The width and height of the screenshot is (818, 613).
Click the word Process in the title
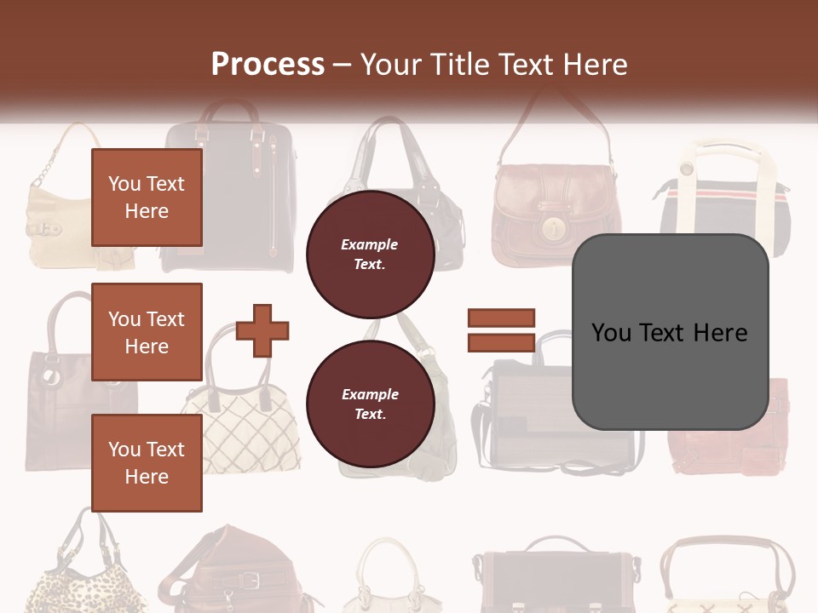268,64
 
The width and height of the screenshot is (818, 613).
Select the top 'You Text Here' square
147,198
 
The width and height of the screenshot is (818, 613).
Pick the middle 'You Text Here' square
147,332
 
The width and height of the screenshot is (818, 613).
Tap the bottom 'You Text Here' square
147,462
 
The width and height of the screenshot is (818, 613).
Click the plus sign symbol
262,329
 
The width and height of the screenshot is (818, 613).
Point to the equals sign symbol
501,330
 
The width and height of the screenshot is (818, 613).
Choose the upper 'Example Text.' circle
370,255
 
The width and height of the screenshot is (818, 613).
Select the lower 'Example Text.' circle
370,404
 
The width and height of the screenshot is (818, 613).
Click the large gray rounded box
670,332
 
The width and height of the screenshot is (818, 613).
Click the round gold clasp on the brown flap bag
555,228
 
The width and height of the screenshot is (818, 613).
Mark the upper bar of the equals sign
501,318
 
